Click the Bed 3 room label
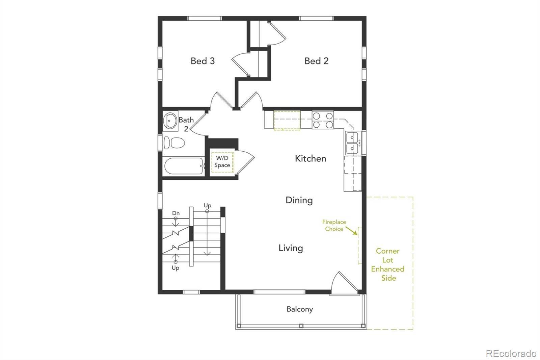(x=202, y=61)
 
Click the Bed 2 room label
(x=316, y=61)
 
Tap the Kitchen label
(x=310, y=158)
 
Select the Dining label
(x=299, y=200)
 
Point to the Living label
(x=291, y=248)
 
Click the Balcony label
(x=299, y=309)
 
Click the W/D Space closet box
(x=222, y=162)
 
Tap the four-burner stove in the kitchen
(x=323, y=120)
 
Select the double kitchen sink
(x=352, y=143)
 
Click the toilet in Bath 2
(x=174, y=143)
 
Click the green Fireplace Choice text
(x=334, y=225)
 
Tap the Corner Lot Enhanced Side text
(x=388, y=264)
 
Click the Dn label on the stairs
(x=176, y=213)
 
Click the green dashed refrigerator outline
(x=287, y=120)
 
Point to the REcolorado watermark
(x=511, y=353)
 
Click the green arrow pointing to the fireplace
(x=352, y=231)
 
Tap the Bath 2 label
(x=186, y=124)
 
